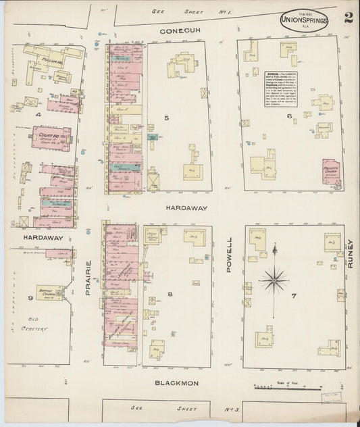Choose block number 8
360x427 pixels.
[x=170, y=293]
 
